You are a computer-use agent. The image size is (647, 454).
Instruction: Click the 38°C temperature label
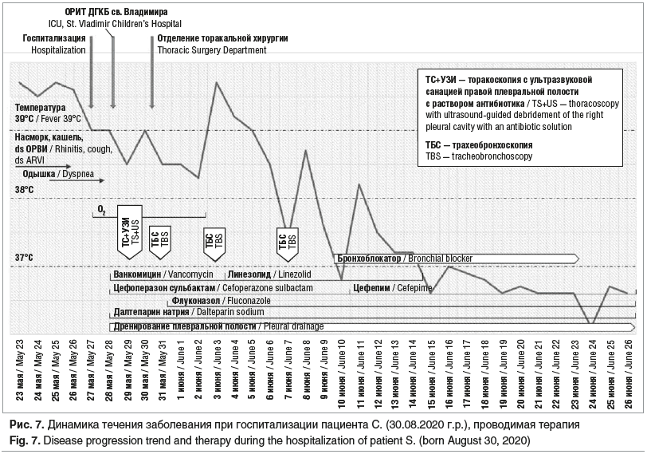[x=23, y=190]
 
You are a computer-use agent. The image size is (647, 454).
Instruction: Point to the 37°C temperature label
[x=23, y=258]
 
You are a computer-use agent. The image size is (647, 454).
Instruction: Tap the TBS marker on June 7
[x=287, y=240]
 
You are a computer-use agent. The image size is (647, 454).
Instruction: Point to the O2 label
[x=101, y=209]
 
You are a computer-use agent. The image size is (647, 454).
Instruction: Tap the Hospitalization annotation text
[x=58, y=44]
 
